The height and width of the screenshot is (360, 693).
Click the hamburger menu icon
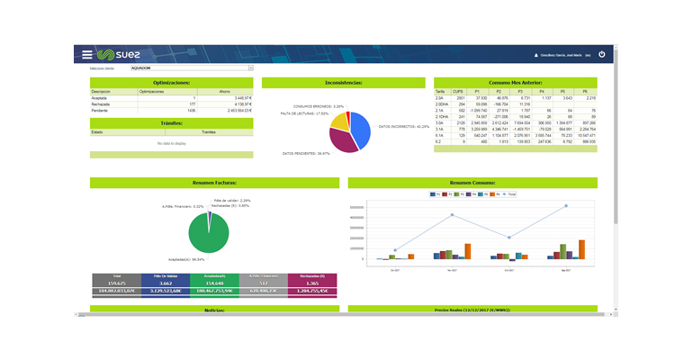86,54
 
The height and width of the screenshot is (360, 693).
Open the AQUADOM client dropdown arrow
251,67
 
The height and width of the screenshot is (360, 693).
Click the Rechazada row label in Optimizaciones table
101,103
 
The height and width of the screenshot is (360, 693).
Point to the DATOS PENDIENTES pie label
306,153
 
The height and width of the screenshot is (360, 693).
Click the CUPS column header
458,91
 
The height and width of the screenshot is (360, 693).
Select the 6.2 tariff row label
439,141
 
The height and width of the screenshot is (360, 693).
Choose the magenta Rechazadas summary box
313,283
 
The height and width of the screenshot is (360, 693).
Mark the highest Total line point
567,205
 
